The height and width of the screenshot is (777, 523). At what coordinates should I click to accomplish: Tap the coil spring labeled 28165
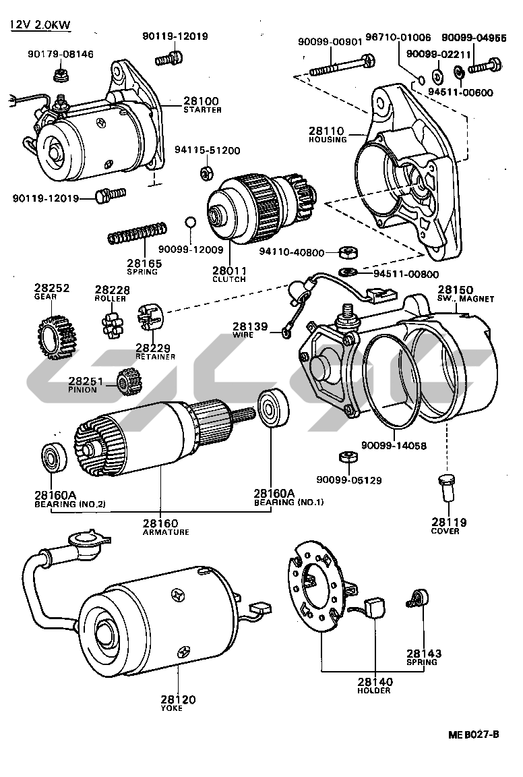coord(137,233)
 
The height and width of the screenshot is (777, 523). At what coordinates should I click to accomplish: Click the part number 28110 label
coord(326,131)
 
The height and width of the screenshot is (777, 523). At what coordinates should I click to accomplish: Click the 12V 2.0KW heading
coord(40,26)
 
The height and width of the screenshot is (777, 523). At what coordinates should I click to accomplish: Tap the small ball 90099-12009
coord(191,223)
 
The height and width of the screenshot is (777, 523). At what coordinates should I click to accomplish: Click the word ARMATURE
coord(166,532)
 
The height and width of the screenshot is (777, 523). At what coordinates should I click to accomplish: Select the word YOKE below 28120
coord(171,708)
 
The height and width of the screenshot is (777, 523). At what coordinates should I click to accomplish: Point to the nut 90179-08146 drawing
coord(60,71)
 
